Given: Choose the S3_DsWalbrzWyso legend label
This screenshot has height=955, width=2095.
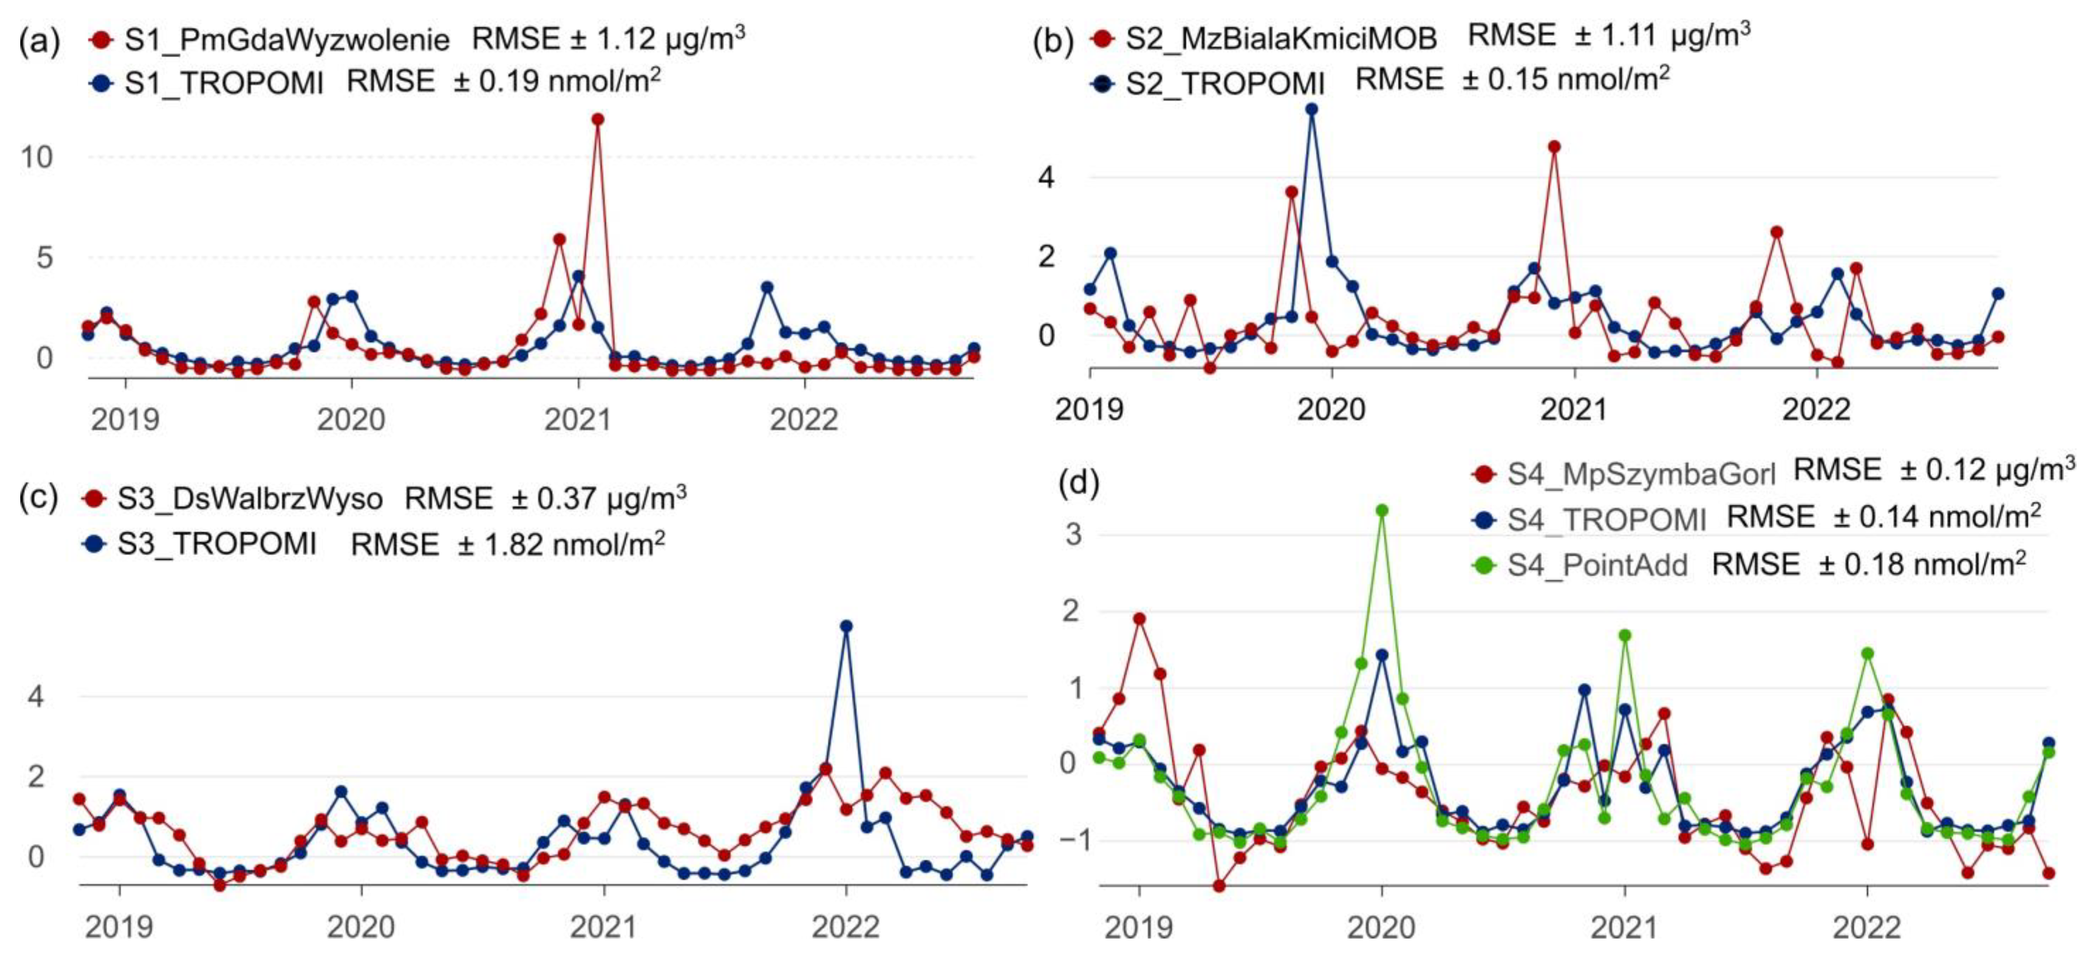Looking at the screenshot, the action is (250, 498).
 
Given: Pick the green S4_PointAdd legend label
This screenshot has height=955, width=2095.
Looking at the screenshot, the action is (1597, 564).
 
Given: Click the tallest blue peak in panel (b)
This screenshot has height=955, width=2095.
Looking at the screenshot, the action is (1311, 109).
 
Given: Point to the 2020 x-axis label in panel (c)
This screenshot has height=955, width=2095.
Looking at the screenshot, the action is (361, 927).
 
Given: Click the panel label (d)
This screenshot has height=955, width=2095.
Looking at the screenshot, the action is (1079, 483).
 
